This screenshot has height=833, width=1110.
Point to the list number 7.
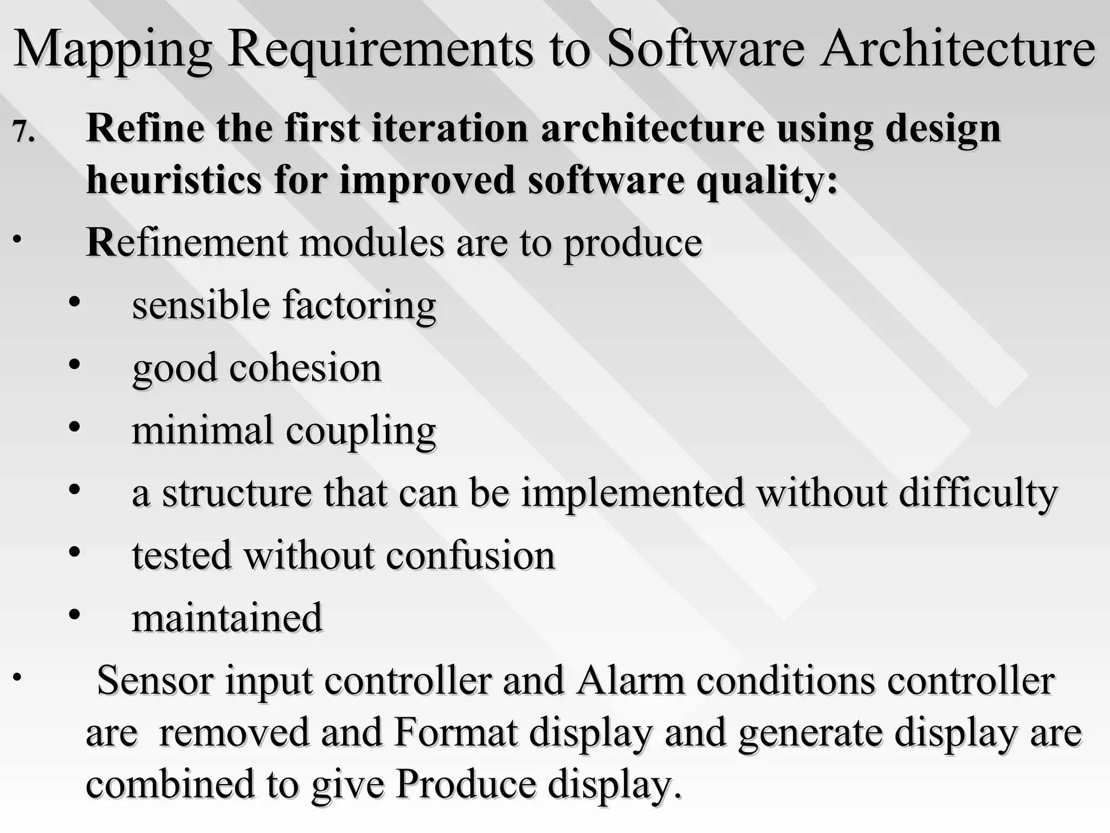click(x=24, y=132)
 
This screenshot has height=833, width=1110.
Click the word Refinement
click(x=187, y=242)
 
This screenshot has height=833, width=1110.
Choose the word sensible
click(x=201, y=305)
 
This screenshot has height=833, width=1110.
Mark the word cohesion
click(x=306, y=368)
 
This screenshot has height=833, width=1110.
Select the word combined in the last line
click(x=170, y=784)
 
